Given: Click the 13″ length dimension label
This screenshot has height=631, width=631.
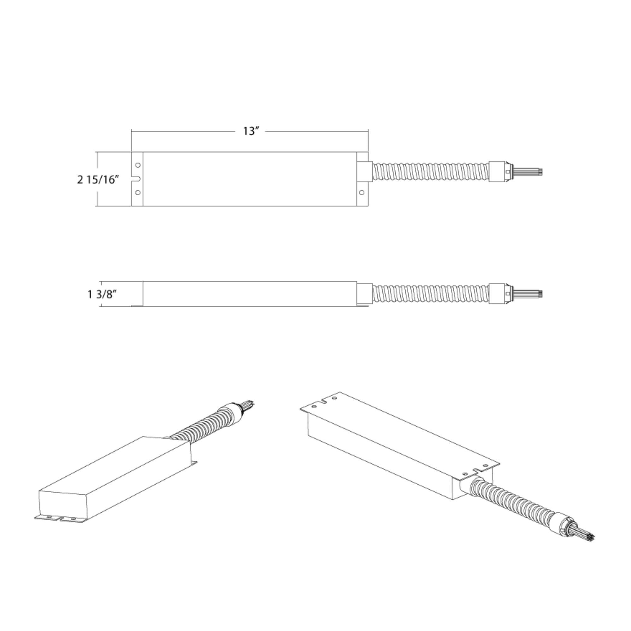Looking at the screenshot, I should pyautogui.click(x=251, y=131).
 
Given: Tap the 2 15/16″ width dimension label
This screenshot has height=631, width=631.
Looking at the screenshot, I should pyautogui.click(x=98, y=179).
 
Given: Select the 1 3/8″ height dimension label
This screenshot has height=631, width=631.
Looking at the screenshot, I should pyautogui.click(x=102, y=294).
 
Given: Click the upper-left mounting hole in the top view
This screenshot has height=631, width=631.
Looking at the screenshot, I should pyautogui.click(x=138, y=165).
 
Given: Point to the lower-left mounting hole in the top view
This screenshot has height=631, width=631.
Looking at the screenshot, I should pyautogui.click(x=138, y=192).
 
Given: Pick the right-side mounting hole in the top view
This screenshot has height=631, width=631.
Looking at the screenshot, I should pyautogui.click(x=362, y=192).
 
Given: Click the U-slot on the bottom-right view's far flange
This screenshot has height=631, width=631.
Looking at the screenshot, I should pyautogui.click(x=324, y=401).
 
